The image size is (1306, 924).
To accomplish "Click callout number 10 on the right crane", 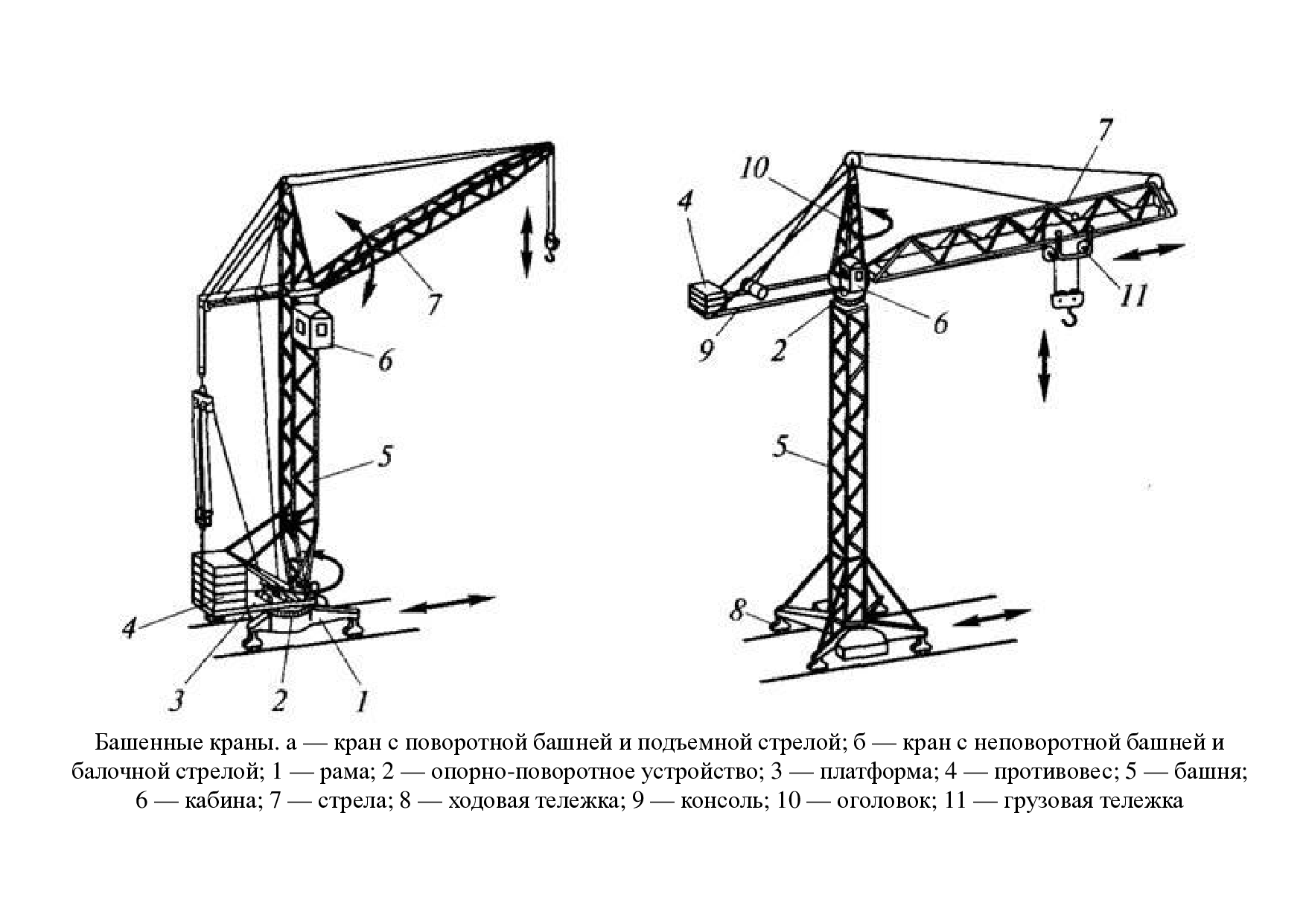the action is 754,168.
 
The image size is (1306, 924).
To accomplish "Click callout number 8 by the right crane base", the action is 736,612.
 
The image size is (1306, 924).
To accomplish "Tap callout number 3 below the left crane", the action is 176,700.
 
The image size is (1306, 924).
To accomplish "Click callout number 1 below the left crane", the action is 363,700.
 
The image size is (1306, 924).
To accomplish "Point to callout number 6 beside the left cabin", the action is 385,361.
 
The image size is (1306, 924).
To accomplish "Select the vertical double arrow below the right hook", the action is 1044,368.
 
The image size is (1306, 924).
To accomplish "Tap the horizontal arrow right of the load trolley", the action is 1147,252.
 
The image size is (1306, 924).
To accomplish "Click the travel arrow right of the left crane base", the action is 447,604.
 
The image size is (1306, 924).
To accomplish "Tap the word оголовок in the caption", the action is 877,801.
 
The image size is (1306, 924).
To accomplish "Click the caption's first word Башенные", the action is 137,743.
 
